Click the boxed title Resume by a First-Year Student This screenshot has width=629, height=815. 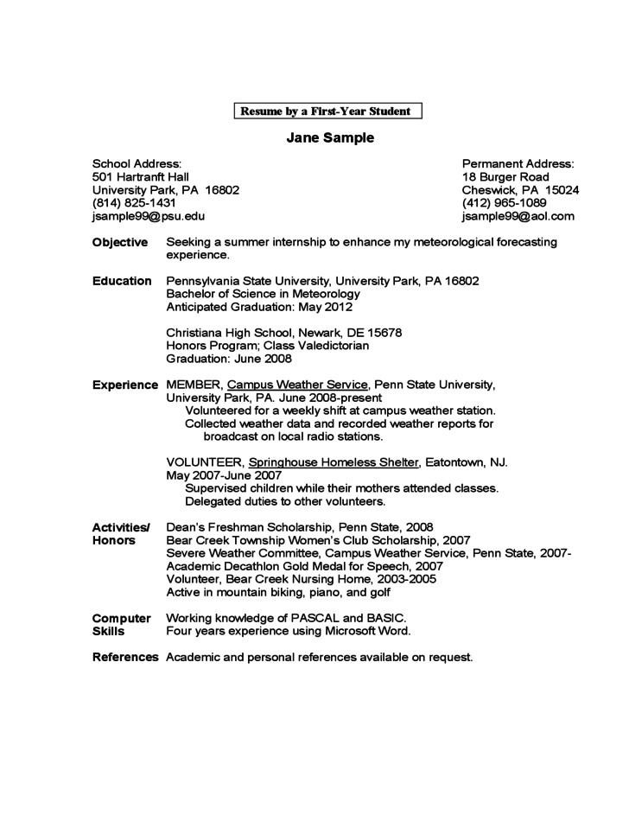coord(328,111)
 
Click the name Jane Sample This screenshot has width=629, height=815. coord(330,137)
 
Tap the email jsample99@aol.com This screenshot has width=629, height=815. coord(518,216)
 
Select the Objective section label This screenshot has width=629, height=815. coord(120,242)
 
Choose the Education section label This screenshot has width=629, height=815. coord(122,281)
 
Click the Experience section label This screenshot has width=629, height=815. coord(124,384)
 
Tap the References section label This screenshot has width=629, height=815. coord(125,658)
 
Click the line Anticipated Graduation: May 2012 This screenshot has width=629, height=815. coord(259,307)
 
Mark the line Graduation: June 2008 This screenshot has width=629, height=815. coord(229,359)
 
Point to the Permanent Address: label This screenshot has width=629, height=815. coord(518,163)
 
